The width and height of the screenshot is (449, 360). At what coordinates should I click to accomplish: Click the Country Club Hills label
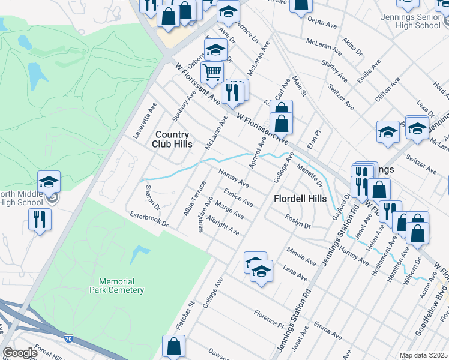[x=172, y=139]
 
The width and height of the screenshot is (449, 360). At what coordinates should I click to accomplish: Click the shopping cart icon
[x=212, y=74]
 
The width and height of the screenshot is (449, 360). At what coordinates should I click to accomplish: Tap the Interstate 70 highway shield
[x=67, y=338]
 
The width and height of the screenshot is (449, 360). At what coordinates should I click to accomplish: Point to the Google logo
[x=19, y=353]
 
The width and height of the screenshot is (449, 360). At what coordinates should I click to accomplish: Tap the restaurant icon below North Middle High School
[x=40, y=219]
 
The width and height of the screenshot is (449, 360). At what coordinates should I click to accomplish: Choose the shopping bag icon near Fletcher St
[x=173, y=347]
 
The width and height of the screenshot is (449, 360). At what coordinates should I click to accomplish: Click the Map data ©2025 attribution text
[x=423, y=355]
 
